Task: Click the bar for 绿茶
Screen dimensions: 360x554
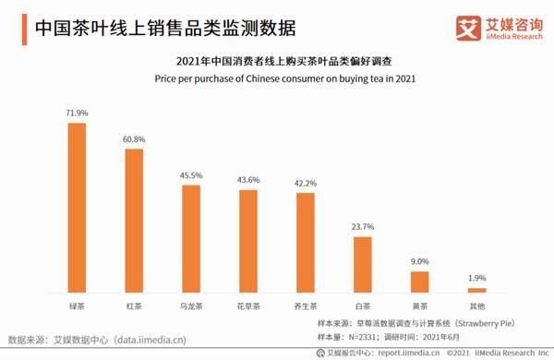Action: [77, 208]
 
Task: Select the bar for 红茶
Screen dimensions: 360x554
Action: [134, 221]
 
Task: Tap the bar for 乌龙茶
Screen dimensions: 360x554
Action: [191, 238]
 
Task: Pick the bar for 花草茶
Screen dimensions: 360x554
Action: [248, 240]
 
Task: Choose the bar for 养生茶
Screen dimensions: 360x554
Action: [305, 242]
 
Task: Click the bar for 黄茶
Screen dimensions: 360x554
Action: [420, 281]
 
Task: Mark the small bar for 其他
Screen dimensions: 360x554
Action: [477, 289]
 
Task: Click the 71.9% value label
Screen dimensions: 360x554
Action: [77, 114]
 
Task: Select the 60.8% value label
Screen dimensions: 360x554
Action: [134, 139]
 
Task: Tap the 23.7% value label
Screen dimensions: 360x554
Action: [363, 227]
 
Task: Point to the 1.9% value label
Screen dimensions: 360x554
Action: [477, 277]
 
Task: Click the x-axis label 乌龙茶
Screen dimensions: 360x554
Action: [191, 304]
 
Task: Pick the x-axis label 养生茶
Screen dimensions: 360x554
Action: [305, 304]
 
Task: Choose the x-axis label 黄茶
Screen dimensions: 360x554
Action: [420, 304]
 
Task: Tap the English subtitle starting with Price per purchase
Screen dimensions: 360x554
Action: [277, 78]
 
